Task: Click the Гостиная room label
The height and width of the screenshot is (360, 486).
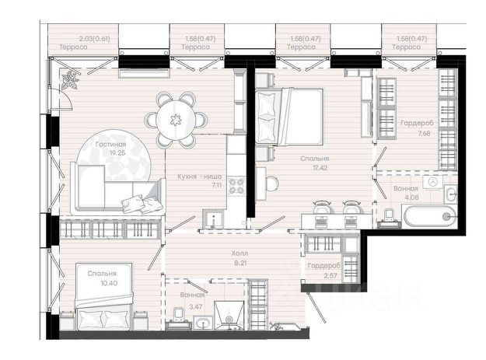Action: click(x=110, y=145)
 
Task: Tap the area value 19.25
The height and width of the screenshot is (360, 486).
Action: click(x=111, y=152)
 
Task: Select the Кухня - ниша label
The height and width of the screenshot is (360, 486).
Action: click(x=200, y=177)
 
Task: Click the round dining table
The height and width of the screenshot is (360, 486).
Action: click(x=176, y=119)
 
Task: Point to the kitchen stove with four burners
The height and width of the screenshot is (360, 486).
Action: click(x=236, y=186)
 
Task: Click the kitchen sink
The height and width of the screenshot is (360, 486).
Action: click(x=214, y=218)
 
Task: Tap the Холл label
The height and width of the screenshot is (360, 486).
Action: click(x=240, y=253)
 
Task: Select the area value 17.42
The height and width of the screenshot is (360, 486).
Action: click(x=316, y=168)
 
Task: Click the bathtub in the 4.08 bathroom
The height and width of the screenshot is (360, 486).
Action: click(x=430, y=217)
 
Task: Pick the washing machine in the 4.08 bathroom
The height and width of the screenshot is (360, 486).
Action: click(x=432, y=181)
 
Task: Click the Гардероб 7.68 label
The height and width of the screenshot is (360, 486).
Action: click(x=417, y=124)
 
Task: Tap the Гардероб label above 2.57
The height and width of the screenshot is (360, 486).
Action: click(x=324, y=266)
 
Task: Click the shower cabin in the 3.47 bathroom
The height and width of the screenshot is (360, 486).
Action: click(x=229, y=315)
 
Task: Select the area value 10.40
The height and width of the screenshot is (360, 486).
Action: click(x=109, y=283)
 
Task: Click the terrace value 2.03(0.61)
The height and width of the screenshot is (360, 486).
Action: click(x=95, y=39)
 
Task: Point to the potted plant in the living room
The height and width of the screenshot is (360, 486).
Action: click(x=70, y=80)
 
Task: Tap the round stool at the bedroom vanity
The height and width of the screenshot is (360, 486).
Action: click(x=272, y=183)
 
